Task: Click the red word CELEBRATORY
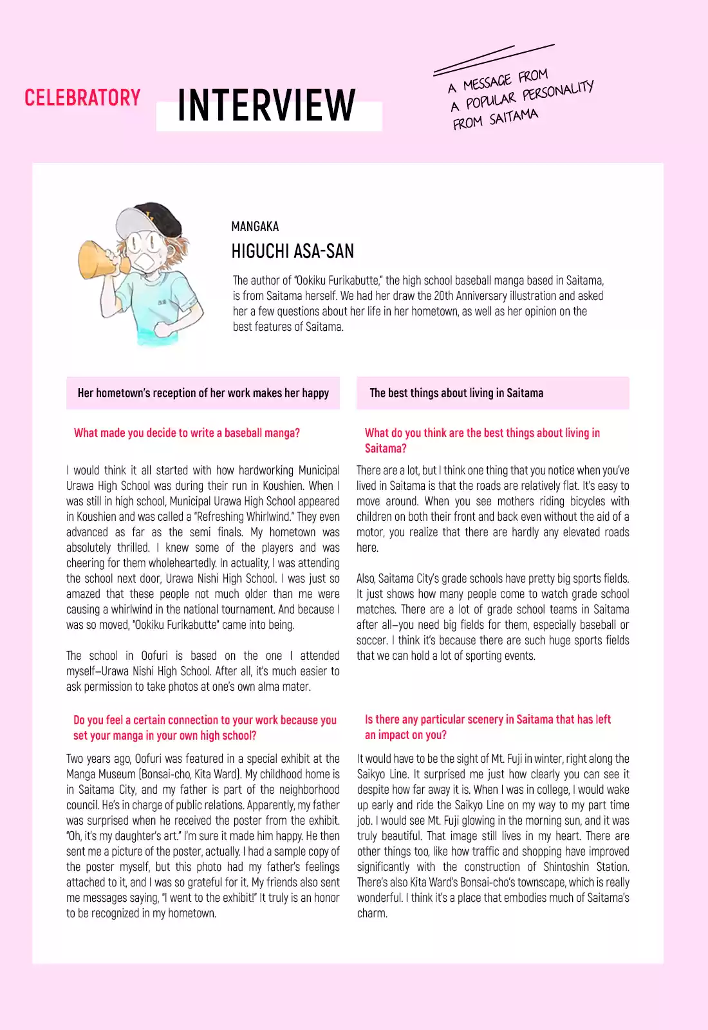82,98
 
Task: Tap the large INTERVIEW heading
266,106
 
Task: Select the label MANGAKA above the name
255,227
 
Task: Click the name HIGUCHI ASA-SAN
292,251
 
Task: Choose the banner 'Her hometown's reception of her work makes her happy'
203,393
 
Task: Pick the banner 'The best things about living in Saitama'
456,393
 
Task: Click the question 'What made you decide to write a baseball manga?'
187,433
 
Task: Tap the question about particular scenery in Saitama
487,727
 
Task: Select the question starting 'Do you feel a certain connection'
205,727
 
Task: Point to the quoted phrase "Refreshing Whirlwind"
244,516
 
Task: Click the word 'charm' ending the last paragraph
371,913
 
